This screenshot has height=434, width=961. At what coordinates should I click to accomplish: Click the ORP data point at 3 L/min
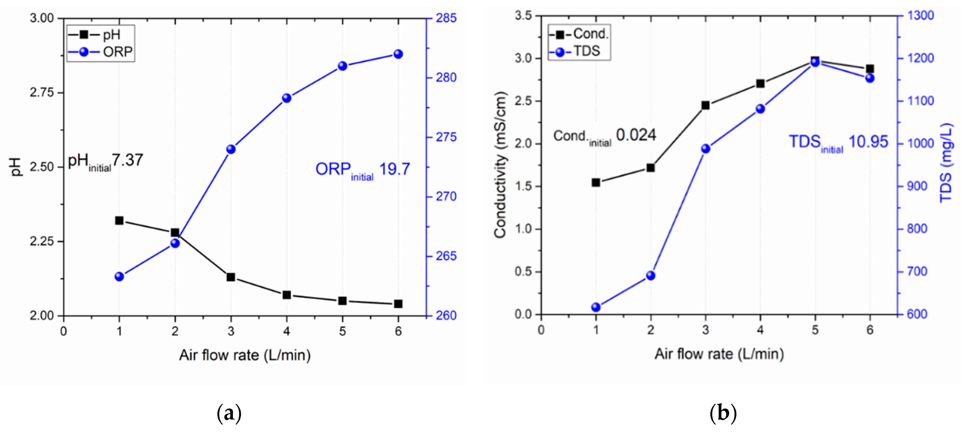tap(231, 149)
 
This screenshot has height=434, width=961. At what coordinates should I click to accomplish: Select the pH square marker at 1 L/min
tap(119, 221)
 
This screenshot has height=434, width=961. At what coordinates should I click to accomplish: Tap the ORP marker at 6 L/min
tap(398, 54)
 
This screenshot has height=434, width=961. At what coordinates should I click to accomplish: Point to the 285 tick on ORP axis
tap(446, 18)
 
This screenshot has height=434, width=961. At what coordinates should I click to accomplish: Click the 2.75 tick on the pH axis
tap(42, 92)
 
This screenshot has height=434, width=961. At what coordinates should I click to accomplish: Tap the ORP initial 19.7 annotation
tap(363, 170)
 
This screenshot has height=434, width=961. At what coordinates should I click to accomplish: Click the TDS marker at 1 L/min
tap(596, 307)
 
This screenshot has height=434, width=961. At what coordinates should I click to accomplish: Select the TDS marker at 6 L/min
tap(870, 78)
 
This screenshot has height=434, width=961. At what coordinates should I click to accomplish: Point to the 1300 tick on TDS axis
tap(920, 16)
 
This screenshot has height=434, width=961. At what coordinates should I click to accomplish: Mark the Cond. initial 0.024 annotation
tap(604, 136)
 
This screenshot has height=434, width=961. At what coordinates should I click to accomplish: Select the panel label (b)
tap(723, 413)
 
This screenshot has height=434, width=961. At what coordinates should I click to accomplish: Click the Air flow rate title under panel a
tap(245, 355)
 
